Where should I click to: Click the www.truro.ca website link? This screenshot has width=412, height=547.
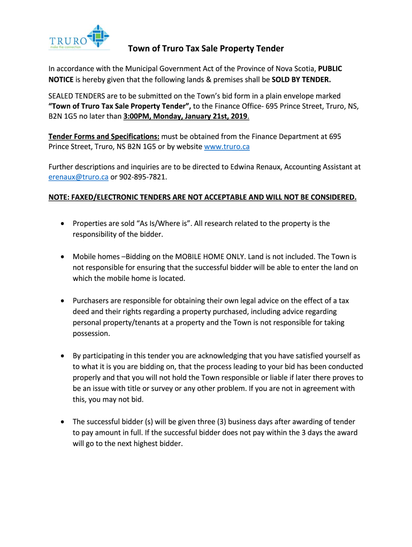coord(227,146)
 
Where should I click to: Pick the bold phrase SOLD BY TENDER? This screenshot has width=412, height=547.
coord(301,80)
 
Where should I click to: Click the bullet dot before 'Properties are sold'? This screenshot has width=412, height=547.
coord(64,223)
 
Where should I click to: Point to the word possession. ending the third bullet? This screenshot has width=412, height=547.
coord(91,333)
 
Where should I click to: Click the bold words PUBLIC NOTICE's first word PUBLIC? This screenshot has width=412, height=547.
coord(330,69)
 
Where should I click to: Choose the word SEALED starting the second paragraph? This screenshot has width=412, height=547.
coord(62,95)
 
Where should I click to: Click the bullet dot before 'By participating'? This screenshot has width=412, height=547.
coord(64,356)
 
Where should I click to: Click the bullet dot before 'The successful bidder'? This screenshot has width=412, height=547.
coord(64,422)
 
